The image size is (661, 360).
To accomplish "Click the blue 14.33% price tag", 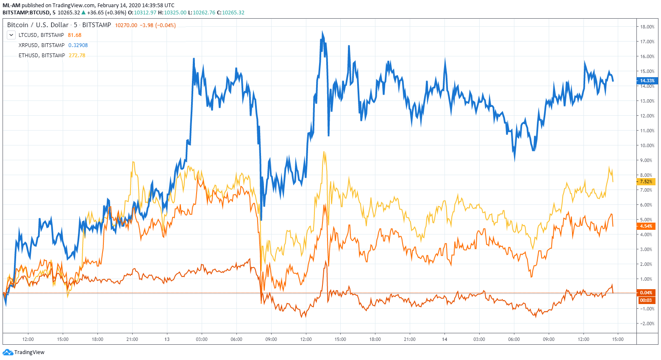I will point(647,81).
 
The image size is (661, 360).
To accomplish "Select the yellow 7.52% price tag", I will point(646,182).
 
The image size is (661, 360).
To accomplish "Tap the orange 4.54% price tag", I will point(646,226).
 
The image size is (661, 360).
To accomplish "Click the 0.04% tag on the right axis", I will point(646,293).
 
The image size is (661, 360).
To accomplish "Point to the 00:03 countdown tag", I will point(646,300).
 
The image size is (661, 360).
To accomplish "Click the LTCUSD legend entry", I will point(41,35).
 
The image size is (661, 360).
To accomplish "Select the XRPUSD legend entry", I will point(42,45).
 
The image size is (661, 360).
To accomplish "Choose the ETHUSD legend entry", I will point(42,56).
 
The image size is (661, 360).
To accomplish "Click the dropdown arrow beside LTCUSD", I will point(11,35).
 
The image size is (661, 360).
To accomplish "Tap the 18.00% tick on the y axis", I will point(647,27).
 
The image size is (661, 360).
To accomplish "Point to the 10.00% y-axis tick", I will point(647,145).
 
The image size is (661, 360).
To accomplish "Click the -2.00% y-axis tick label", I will point(647,324).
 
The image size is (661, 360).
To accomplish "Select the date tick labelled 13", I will point(167,339).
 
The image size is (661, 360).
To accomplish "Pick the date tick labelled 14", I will point(444,339).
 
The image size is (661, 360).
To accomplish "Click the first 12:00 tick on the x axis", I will point(28,339).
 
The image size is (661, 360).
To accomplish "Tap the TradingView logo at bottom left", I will point(24,352).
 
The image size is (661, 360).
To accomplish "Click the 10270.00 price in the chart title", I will point(126,25).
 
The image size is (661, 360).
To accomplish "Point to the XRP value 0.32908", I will point(78,45).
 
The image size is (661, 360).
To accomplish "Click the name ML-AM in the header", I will point(11,6).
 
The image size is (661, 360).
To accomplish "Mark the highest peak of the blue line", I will point(322,32).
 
